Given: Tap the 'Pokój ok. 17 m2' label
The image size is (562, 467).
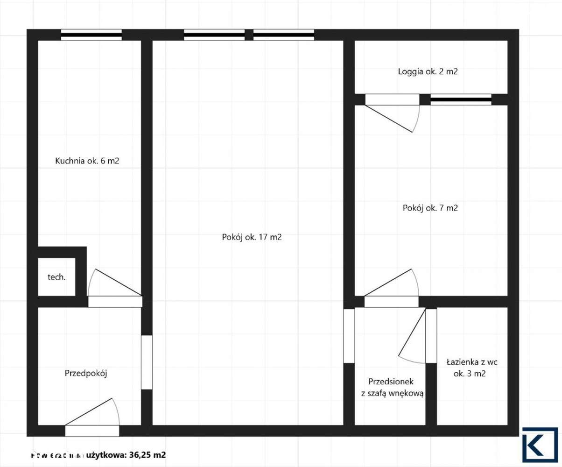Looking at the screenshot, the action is tap(252, 237).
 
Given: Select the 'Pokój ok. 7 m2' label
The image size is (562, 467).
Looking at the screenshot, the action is tap(430, 208).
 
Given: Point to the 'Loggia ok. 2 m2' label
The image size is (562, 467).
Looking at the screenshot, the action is tap(430, 72).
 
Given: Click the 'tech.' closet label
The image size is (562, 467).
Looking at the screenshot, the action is tap(56, 277).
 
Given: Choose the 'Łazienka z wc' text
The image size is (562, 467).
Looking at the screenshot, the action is tap(472, 362).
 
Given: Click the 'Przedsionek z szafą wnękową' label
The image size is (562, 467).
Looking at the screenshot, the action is tap(392, 387).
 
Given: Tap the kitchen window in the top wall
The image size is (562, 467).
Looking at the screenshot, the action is tap(91, 35).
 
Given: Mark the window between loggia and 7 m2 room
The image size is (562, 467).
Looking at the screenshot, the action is tap(461, 99).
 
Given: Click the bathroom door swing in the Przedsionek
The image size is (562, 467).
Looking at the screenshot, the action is tap(413, 336).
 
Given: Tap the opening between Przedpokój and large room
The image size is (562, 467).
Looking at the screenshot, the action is tap(147, 362).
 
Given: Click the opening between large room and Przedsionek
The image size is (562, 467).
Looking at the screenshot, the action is tap(349, 335).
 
